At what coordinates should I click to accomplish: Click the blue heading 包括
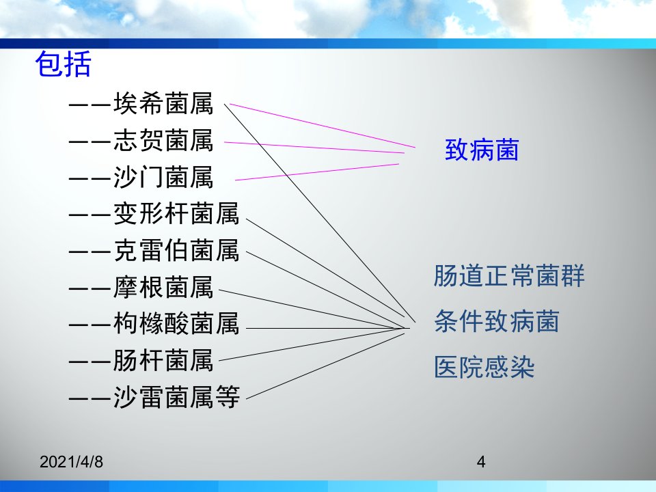63,64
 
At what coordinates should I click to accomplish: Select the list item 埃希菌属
163,103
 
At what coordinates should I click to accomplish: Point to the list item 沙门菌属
163,176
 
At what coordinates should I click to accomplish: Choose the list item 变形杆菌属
176,213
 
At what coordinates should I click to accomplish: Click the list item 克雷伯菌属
176,250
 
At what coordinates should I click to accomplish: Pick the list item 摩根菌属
163,287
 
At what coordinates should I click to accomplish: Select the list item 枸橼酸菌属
176,324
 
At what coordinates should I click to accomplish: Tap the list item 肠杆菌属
163,360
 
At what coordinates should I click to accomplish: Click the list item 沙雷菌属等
176,397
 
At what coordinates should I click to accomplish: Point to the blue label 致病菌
482,150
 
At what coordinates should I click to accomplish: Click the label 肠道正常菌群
509,275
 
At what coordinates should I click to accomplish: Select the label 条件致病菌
497,321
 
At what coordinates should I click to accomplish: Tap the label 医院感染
484,367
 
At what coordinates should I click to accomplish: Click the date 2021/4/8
71,462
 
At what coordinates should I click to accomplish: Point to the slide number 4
481,462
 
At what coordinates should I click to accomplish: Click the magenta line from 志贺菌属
314,148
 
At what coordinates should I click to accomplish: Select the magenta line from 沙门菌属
317,172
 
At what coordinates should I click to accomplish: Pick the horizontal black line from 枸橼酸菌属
327,329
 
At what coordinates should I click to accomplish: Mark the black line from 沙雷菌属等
325,366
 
